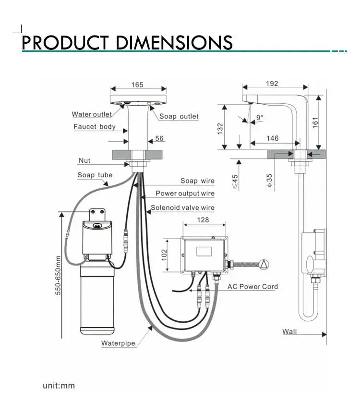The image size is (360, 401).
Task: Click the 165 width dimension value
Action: [x=137, y=85]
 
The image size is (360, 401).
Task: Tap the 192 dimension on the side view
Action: [x=272, y=84]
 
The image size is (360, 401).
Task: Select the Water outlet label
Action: [x=92, y=114]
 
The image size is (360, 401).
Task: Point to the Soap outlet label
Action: [x=179, y=116]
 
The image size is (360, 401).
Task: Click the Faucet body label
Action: [x=95, y=127]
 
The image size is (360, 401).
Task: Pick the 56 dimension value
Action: [x=159, y=138]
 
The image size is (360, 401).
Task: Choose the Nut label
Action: [x=84, y=160]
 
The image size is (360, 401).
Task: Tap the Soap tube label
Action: [x=95, y=175]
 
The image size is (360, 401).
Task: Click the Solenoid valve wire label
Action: [x=183, y=208]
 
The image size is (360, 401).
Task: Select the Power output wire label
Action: [x=185, y=194]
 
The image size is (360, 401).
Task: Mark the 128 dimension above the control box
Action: [x=203, y=220]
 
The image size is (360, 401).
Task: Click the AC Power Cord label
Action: [x=252, y=287]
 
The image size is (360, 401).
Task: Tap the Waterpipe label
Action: [x=118, y=343]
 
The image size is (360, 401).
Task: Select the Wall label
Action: [x=289, y=331]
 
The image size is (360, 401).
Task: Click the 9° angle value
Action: [x=260, y=117]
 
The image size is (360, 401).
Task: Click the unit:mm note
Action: [x=59, y=386]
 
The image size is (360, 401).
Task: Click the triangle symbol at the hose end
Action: [x=264, y=264]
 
